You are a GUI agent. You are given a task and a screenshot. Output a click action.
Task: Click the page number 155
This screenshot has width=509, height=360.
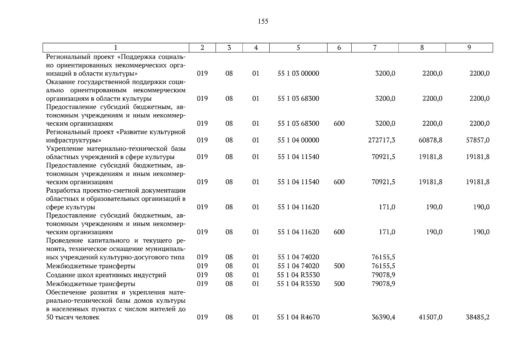pyautogui.click(x=263, y=22)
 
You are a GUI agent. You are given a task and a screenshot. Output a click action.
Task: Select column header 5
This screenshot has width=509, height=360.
pyautogui.click(x=298, y=48)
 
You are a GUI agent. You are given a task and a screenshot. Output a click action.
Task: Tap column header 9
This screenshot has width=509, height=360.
pyautogui.click(x=469, y=48)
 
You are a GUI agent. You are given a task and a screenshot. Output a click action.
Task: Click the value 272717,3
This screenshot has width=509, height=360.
pyautogui.click(x=382, y=140)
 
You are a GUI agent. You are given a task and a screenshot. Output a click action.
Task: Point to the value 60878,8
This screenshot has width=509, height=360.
pyautogui.click(x=430, y=140)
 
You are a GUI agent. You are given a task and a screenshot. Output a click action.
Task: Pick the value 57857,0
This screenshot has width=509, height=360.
pyautogui.click(x=478, y=140)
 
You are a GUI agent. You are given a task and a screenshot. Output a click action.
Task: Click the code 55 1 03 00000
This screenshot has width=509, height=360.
pyautogui.click(x=298, y=73)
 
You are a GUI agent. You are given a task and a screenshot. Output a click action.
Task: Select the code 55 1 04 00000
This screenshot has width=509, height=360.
pyautogui.click(x=298, y=140)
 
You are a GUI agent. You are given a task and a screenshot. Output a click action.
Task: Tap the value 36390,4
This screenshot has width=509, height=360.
pyautogui.click(x=383, y=317)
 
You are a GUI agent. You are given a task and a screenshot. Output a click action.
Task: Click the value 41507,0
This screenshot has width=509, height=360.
pyautogui.click(x=430, y=317)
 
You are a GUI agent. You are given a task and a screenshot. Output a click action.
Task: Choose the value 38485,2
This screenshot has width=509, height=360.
pyautogui.click(x=478, y=317)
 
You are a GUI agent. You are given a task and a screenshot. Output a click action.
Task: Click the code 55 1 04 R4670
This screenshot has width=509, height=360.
pyautogui.click(x=298, y=317)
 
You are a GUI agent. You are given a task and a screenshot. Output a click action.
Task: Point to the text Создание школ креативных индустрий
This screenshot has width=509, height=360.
pyautogui.click(x=106, y=275)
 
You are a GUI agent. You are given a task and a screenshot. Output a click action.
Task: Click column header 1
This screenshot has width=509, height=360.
pyautogui.click(x=116, y=48)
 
